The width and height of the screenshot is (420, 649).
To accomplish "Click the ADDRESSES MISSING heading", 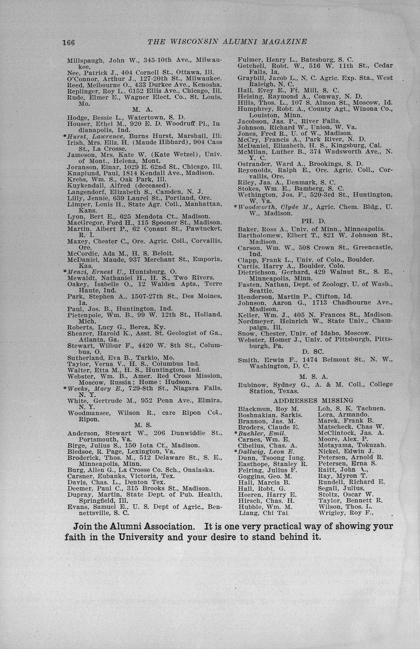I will click(313, 400).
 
